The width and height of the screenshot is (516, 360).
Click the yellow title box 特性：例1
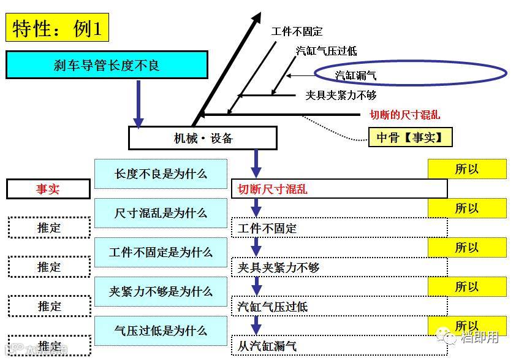[57, 28]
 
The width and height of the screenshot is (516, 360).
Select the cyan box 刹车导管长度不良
[107, 65]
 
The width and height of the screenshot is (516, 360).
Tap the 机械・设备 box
[203, 138]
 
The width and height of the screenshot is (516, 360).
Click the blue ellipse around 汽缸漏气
[411, 74]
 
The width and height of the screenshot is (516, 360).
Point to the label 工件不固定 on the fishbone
[297, 31]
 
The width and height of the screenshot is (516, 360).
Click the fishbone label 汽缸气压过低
[326, 51]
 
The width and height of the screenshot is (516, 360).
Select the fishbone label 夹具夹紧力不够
[341, 95]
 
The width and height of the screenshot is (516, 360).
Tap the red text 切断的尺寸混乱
[404, 115]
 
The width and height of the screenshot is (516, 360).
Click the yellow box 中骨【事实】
[410, 137]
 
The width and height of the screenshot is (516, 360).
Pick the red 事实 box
[48, 189]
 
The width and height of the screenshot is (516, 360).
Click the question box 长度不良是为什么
[161, 174]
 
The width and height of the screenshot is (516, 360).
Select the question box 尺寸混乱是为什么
[161, 213]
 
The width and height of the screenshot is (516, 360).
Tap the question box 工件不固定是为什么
[161, 252]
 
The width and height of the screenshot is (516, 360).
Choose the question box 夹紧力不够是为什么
[161, 291]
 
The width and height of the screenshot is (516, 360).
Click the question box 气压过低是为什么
[161, 331]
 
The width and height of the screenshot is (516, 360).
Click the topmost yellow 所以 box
[467, 169]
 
